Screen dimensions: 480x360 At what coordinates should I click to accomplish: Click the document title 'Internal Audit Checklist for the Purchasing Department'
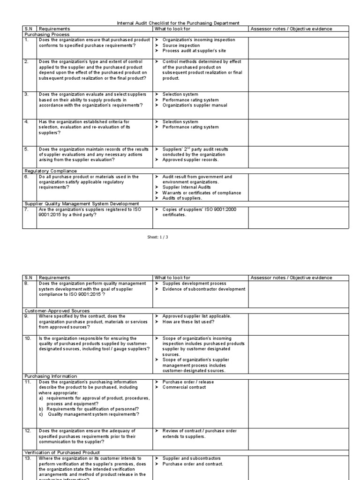(x=178, y=23)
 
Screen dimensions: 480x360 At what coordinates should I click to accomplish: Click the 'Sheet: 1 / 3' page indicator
(x=157, y=237)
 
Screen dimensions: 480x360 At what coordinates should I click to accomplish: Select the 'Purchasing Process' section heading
(x=47, y=34)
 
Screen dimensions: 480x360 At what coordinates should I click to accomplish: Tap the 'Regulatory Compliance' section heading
(x=51, y=171)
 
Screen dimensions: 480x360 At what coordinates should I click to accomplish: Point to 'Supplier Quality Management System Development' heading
(x=82, y=203)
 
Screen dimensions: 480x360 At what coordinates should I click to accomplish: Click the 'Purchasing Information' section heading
(x=51, y=376)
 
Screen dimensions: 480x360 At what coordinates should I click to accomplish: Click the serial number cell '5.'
(x=27, y=149)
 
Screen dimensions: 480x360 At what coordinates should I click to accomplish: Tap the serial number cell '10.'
(x=28, y=338)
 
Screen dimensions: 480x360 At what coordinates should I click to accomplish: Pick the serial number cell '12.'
(x=28, y=431)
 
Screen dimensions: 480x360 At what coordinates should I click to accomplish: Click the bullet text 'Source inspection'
(x=181, y=45)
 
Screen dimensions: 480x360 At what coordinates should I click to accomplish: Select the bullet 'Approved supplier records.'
(x=189, y=160)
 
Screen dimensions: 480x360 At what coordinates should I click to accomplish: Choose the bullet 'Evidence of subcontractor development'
(x=203, y=289)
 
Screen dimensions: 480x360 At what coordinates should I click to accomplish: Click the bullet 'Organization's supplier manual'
(x=195, y=105)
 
